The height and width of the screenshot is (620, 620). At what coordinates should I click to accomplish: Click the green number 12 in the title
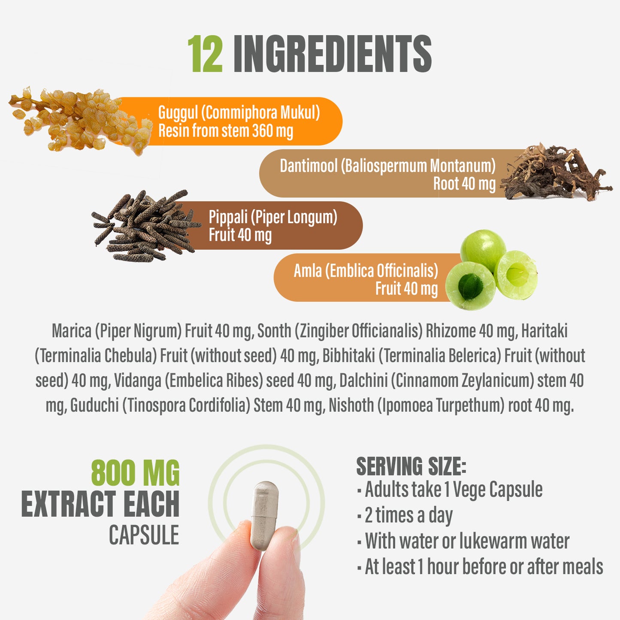[205, 54]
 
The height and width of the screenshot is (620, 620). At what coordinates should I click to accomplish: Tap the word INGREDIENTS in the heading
[333, 54]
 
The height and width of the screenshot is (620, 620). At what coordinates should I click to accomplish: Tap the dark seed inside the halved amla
[470, 286]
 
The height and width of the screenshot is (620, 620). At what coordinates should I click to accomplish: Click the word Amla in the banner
[308, 271]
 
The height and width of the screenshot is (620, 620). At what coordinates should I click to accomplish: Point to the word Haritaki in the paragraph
[544, 331]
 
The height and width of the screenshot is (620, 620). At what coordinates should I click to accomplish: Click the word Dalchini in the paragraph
[363, 381]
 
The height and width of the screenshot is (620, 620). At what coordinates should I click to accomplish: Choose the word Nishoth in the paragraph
[351, 405]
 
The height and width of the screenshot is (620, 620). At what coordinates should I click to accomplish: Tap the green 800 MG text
[135, 473]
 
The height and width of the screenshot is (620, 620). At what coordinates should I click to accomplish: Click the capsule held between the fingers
[264, 515]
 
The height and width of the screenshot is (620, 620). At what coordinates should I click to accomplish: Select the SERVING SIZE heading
[411, 466]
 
